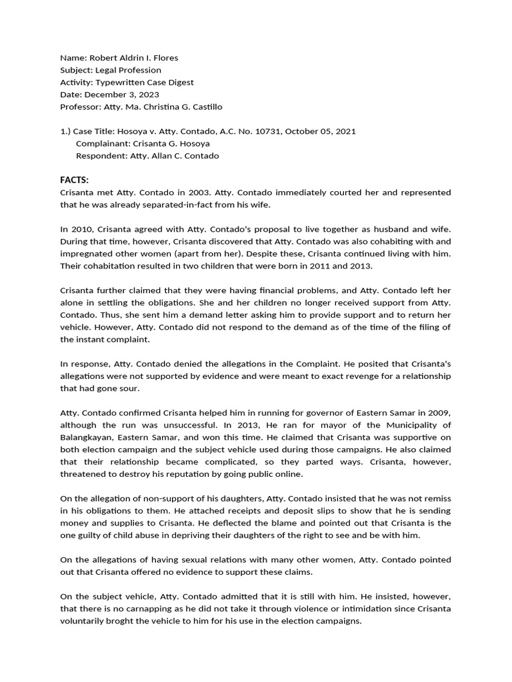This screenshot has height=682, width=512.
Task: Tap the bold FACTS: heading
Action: tap(74, 180)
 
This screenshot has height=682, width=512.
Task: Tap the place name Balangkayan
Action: tap(88, 438)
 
